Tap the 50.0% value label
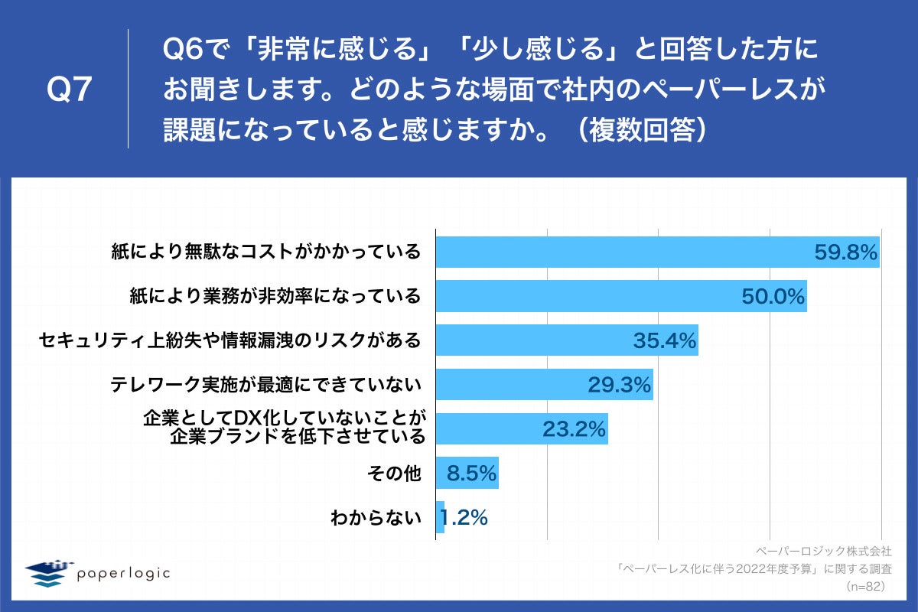coord(773,297)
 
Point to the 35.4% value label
coord(665,340)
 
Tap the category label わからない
coord(376,518)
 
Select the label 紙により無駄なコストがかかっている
coord(264,252)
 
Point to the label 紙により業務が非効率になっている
coord(275,296)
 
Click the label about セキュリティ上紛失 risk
coord(229,340)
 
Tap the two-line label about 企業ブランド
coord(284,428)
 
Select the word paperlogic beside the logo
coord(123,572)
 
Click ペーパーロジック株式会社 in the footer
coord(823,551)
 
